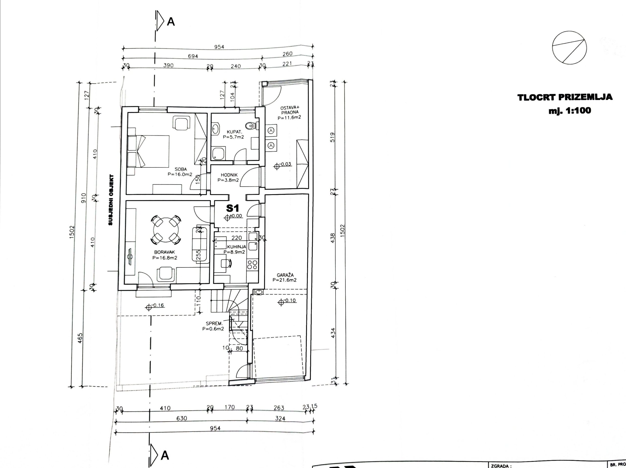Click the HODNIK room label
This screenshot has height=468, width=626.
(229, 175)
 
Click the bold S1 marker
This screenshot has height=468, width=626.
(233, 208)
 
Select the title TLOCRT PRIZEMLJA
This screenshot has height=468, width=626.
(565, 97)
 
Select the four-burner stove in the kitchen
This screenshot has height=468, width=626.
(252, 265)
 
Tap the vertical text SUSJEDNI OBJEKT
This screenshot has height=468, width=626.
(111, 200)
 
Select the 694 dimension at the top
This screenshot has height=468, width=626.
(193, 56)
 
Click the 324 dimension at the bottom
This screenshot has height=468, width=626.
(280, 419)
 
